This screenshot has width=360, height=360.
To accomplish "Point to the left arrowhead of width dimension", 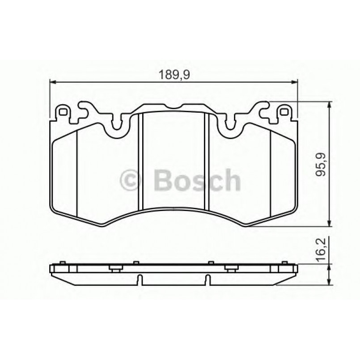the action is (x=51, y=82).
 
